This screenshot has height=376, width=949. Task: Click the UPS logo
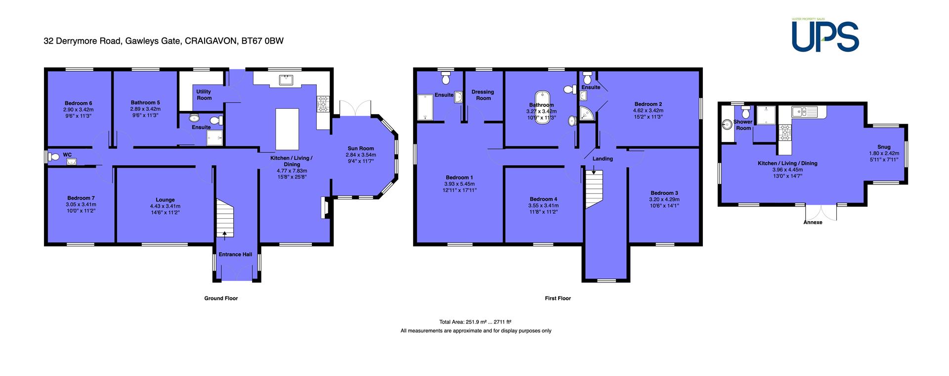coord(825,35)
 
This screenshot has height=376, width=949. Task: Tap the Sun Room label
coord(360,148)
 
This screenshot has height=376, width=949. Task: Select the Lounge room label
coord(165,200)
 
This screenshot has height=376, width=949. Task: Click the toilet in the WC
coord(54,157)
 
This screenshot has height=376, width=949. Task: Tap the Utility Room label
coord(204,94)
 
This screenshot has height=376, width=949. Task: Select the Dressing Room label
coord(483,95)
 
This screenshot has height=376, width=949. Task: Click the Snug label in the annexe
coord(884,147)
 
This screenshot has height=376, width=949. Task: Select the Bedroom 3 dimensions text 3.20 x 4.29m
coord(664,199)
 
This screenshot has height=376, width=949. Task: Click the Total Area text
coord(475,322)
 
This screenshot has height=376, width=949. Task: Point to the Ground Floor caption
coord(221,298)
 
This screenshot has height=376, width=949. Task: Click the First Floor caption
coord(558,298)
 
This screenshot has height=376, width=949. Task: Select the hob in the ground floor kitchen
coord(323,104)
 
